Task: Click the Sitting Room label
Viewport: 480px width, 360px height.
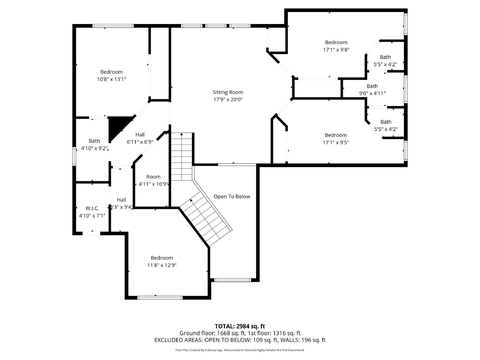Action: click(228, 92)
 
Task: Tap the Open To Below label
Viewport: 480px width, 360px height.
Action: click(232, 196)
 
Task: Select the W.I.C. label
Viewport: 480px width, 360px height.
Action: click(92, 208)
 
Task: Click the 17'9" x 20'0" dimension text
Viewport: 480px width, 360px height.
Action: click(228, 100)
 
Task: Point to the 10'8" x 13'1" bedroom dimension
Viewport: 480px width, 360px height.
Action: click(111, 79)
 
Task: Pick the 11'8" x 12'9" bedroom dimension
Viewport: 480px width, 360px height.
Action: click(162, 265)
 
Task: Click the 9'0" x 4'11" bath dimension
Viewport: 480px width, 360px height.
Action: click(372, 93)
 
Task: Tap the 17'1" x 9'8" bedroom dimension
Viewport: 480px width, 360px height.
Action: click(336, 50)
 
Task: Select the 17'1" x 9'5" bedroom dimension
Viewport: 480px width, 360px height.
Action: click(336, 142)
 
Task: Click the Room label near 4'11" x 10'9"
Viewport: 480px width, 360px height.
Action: click(153, 177)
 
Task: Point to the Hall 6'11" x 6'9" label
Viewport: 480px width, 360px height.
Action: click(140, 135)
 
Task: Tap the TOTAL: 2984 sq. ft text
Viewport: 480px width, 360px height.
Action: click(240, 326)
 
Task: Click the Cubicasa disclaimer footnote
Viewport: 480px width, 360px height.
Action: click(240, 350)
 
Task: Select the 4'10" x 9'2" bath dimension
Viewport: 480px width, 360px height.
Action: click(94, 148)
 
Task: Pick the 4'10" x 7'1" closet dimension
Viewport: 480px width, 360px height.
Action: click(92, 215)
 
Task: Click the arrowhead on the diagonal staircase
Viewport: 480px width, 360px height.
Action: click(191, 200)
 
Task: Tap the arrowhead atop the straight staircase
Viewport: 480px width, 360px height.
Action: click(181, 135)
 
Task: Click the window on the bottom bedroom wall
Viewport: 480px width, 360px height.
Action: click(160, 298)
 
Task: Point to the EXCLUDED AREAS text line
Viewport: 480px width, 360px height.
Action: click(240, 340)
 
